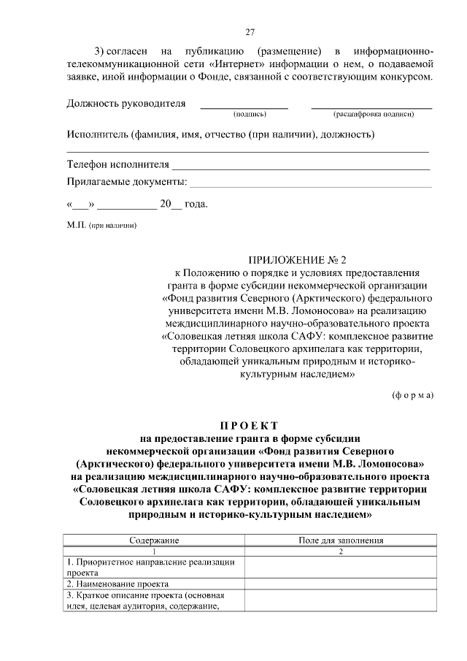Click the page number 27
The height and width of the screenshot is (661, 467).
click(x=250, y=32)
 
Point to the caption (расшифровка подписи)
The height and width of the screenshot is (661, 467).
click(x=374, y=114)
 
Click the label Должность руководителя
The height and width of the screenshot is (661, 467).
click(x=126, y=103)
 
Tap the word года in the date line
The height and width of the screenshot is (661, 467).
click(x=196, y=204)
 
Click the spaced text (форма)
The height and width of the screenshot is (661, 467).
click(x=412, y=395)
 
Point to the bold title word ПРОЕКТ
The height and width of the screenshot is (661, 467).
click(x=249, y=426)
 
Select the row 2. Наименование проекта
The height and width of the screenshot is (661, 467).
click(x=118, y=584)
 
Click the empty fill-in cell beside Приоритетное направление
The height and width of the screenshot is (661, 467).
click(x=341, y=567)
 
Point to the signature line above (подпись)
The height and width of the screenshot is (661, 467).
click(x=244, y=107)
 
